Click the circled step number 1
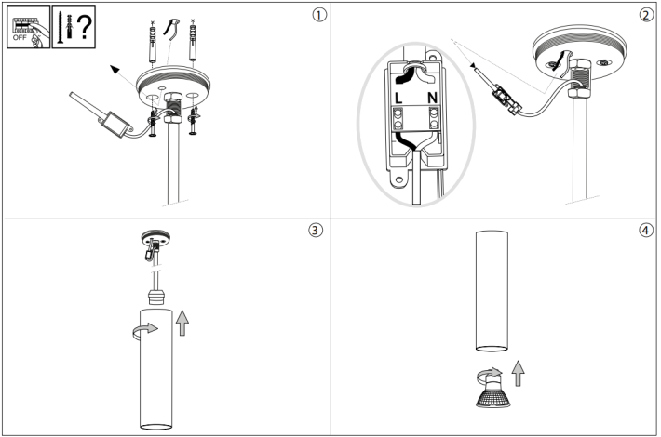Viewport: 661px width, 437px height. [319, 15]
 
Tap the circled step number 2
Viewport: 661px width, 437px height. [646, 15]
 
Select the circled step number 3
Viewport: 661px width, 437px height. [316, 230]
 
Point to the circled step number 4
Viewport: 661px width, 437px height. [646, 230]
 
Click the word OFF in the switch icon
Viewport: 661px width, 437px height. [20, 38]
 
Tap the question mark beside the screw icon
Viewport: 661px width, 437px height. [85, 27]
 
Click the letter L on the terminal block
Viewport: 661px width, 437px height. [398, 99]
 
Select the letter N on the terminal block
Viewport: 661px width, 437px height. [433, 99]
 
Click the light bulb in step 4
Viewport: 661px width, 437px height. [492, 391]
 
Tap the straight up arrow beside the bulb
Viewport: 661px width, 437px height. [518, 374]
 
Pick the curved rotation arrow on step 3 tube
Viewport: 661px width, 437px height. [145, 330]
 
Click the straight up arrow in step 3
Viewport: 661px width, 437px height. [182, 323]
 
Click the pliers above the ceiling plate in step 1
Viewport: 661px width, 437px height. [171, 29]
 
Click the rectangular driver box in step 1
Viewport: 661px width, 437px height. [115, 125]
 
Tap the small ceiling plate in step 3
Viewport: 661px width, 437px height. [155, 238]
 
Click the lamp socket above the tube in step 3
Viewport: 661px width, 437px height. [155, 298]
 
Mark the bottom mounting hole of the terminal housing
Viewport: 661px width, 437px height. [398, 180]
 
